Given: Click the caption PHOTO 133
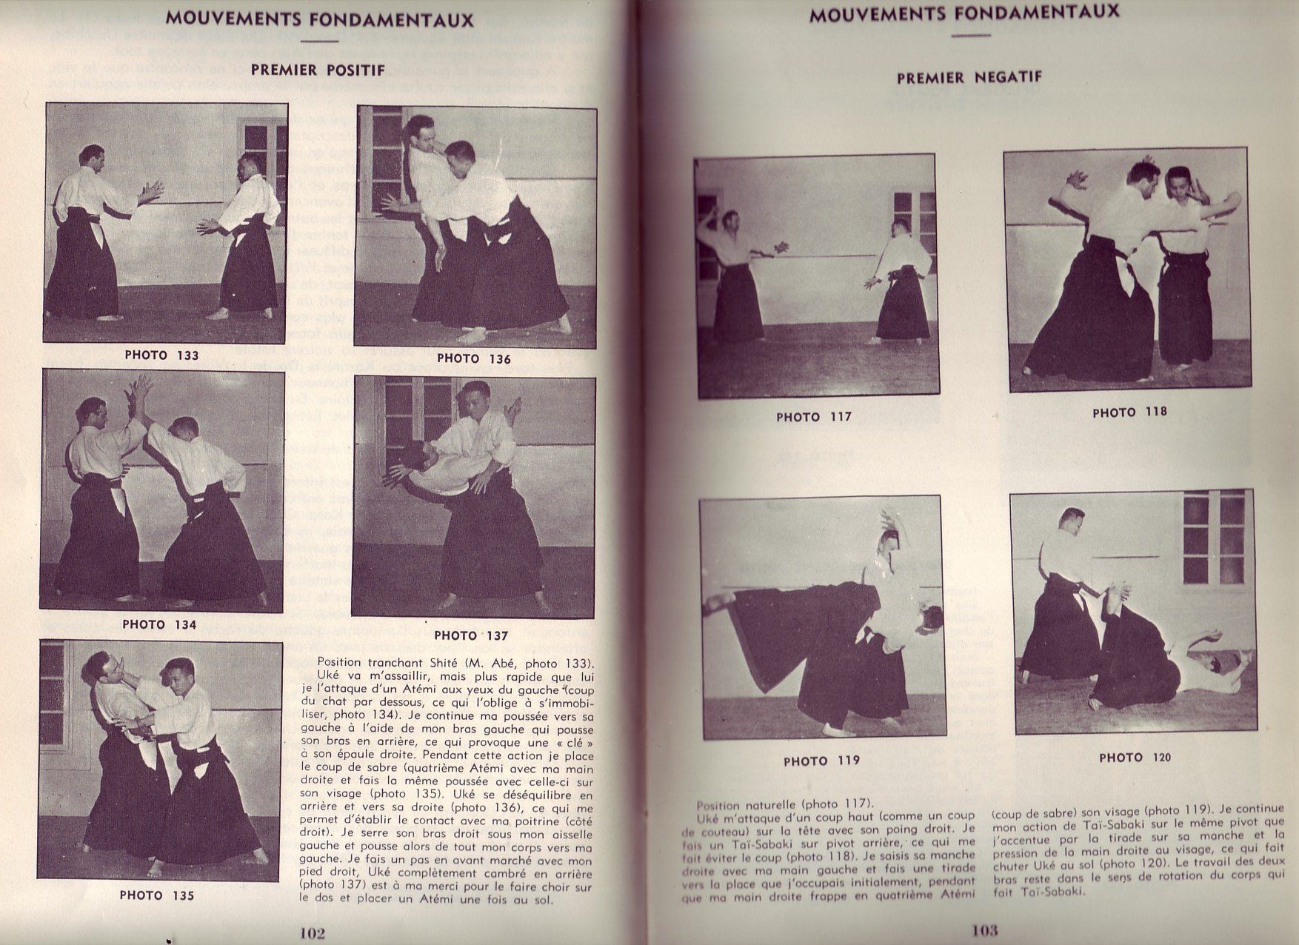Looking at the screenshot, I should tap(161, 355).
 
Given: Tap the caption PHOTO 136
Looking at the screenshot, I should tap(473, 358).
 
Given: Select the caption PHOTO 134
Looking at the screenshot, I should tap(159, 624).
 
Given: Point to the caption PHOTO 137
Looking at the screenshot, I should tap(471, 635).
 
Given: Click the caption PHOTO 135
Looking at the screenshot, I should tap(157, 895).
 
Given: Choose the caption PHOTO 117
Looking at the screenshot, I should tap(814, 417).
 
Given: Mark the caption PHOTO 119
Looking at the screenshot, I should tap(821, 761).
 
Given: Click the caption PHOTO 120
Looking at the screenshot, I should tap(1135, 758).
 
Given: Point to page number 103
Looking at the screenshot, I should tap(985, 931).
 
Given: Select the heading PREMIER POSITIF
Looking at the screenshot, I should tap(318, 70).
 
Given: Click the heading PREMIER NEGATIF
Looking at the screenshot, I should tap(969, 77).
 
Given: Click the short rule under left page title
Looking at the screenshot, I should tap(321, 42).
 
